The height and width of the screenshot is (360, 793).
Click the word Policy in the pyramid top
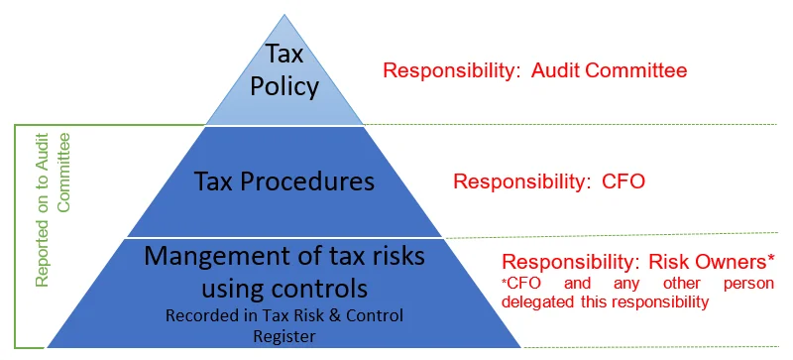point(284,86)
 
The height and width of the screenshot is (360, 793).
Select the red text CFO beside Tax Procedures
point(623,181)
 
